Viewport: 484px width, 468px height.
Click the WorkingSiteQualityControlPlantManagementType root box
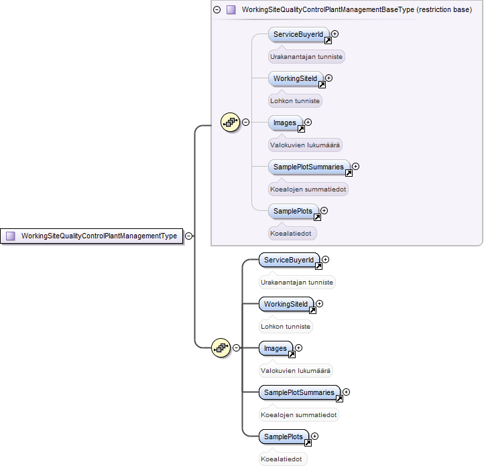point(92,236)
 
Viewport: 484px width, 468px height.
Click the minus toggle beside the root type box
point(188,236)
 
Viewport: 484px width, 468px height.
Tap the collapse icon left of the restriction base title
point(217,10)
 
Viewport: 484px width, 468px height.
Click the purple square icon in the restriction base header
point(231,10)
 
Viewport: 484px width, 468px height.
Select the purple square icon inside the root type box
point(11,236)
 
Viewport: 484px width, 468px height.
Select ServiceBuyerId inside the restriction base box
point(298,35)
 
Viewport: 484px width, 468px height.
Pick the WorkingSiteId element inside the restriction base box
point(296,78)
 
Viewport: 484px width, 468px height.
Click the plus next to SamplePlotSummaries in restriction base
point(355,167)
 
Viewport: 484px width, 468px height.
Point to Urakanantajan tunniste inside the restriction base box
point(306,57)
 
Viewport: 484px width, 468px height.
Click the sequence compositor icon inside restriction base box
point(231,123)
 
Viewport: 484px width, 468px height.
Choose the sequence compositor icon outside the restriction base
point(221,348)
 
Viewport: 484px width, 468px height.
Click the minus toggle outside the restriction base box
point(236,348)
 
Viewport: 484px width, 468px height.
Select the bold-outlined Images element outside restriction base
point(276,348)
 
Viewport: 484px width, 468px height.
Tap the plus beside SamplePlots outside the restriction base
point(314,437)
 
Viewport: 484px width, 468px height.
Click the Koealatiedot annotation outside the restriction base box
point(281,459)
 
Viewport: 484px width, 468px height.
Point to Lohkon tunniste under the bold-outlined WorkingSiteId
point(286,327)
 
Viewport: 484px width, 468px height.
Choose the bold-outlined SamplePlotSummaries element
point(300,392)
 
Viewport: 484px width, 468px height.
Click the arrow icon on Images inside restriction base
point(301,129)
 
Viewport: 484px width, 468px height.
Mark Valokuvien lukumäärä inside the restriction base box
point(305,145)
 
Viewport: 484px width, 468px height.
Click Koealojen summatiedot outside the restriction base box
point(299,415)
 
